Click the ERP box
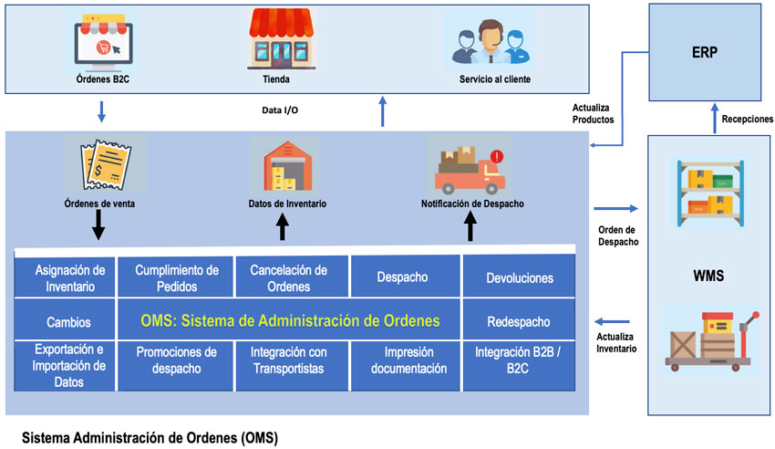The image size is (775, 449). click(x=704, y=51)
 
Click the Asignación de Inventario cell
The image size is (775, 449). click(x=63, y=277)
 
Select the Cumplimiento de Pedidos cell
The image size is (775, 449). click(x=176, y=277)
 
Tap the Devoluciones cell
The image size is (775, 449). click(x=520, y=277)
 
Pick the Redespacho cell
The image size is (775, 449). click(x=520, y=321)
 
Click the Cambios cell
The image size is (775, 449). click(x=63, y=321)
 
